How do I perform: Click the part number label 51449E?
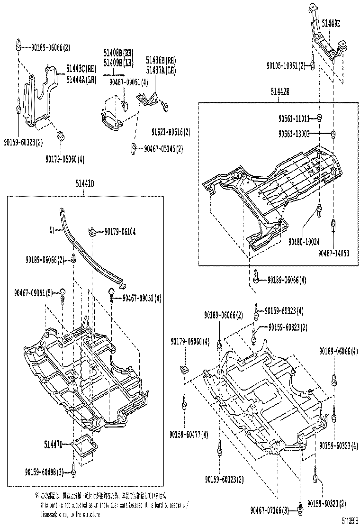(331, 22)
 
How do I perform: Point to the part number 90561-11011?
(294, 118)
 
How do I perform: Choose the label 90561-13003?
(294, 134)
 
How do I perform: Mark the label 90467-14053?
(333, 254)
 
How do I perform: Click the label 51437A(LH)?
(161, 69)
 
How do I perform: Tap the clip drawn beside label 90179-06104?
(93, 232)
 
